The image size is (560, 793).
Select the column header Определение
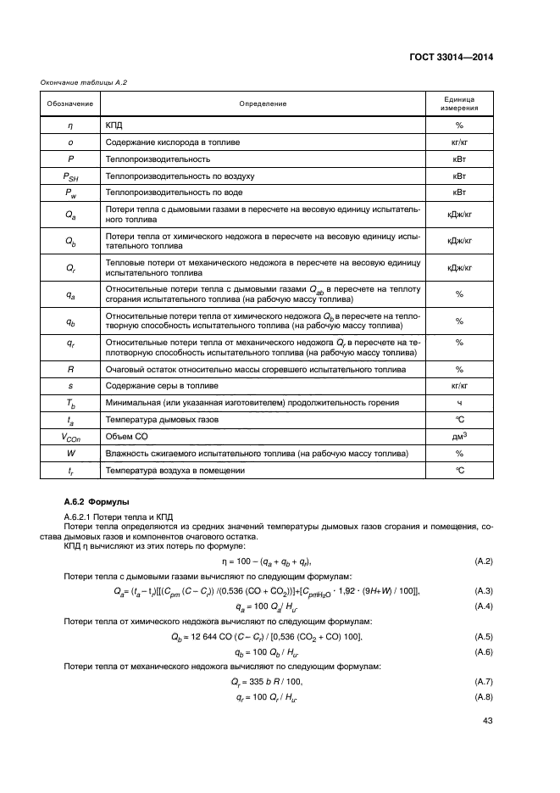pos(262,103)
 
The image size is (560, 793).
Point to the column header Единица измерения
pos(458,103)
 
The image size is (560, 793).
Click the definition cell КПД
pos(114,125)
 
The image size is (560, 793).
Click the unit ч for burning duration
pos(458,402)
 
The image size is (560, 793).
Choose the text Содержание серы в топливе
pos(161,385)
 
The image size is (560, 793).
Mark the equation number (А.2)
pos(483,561)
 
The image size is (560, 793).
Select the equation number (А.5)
pos(483,635)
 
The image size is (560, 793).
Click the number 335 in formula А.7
pos(258,681)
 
